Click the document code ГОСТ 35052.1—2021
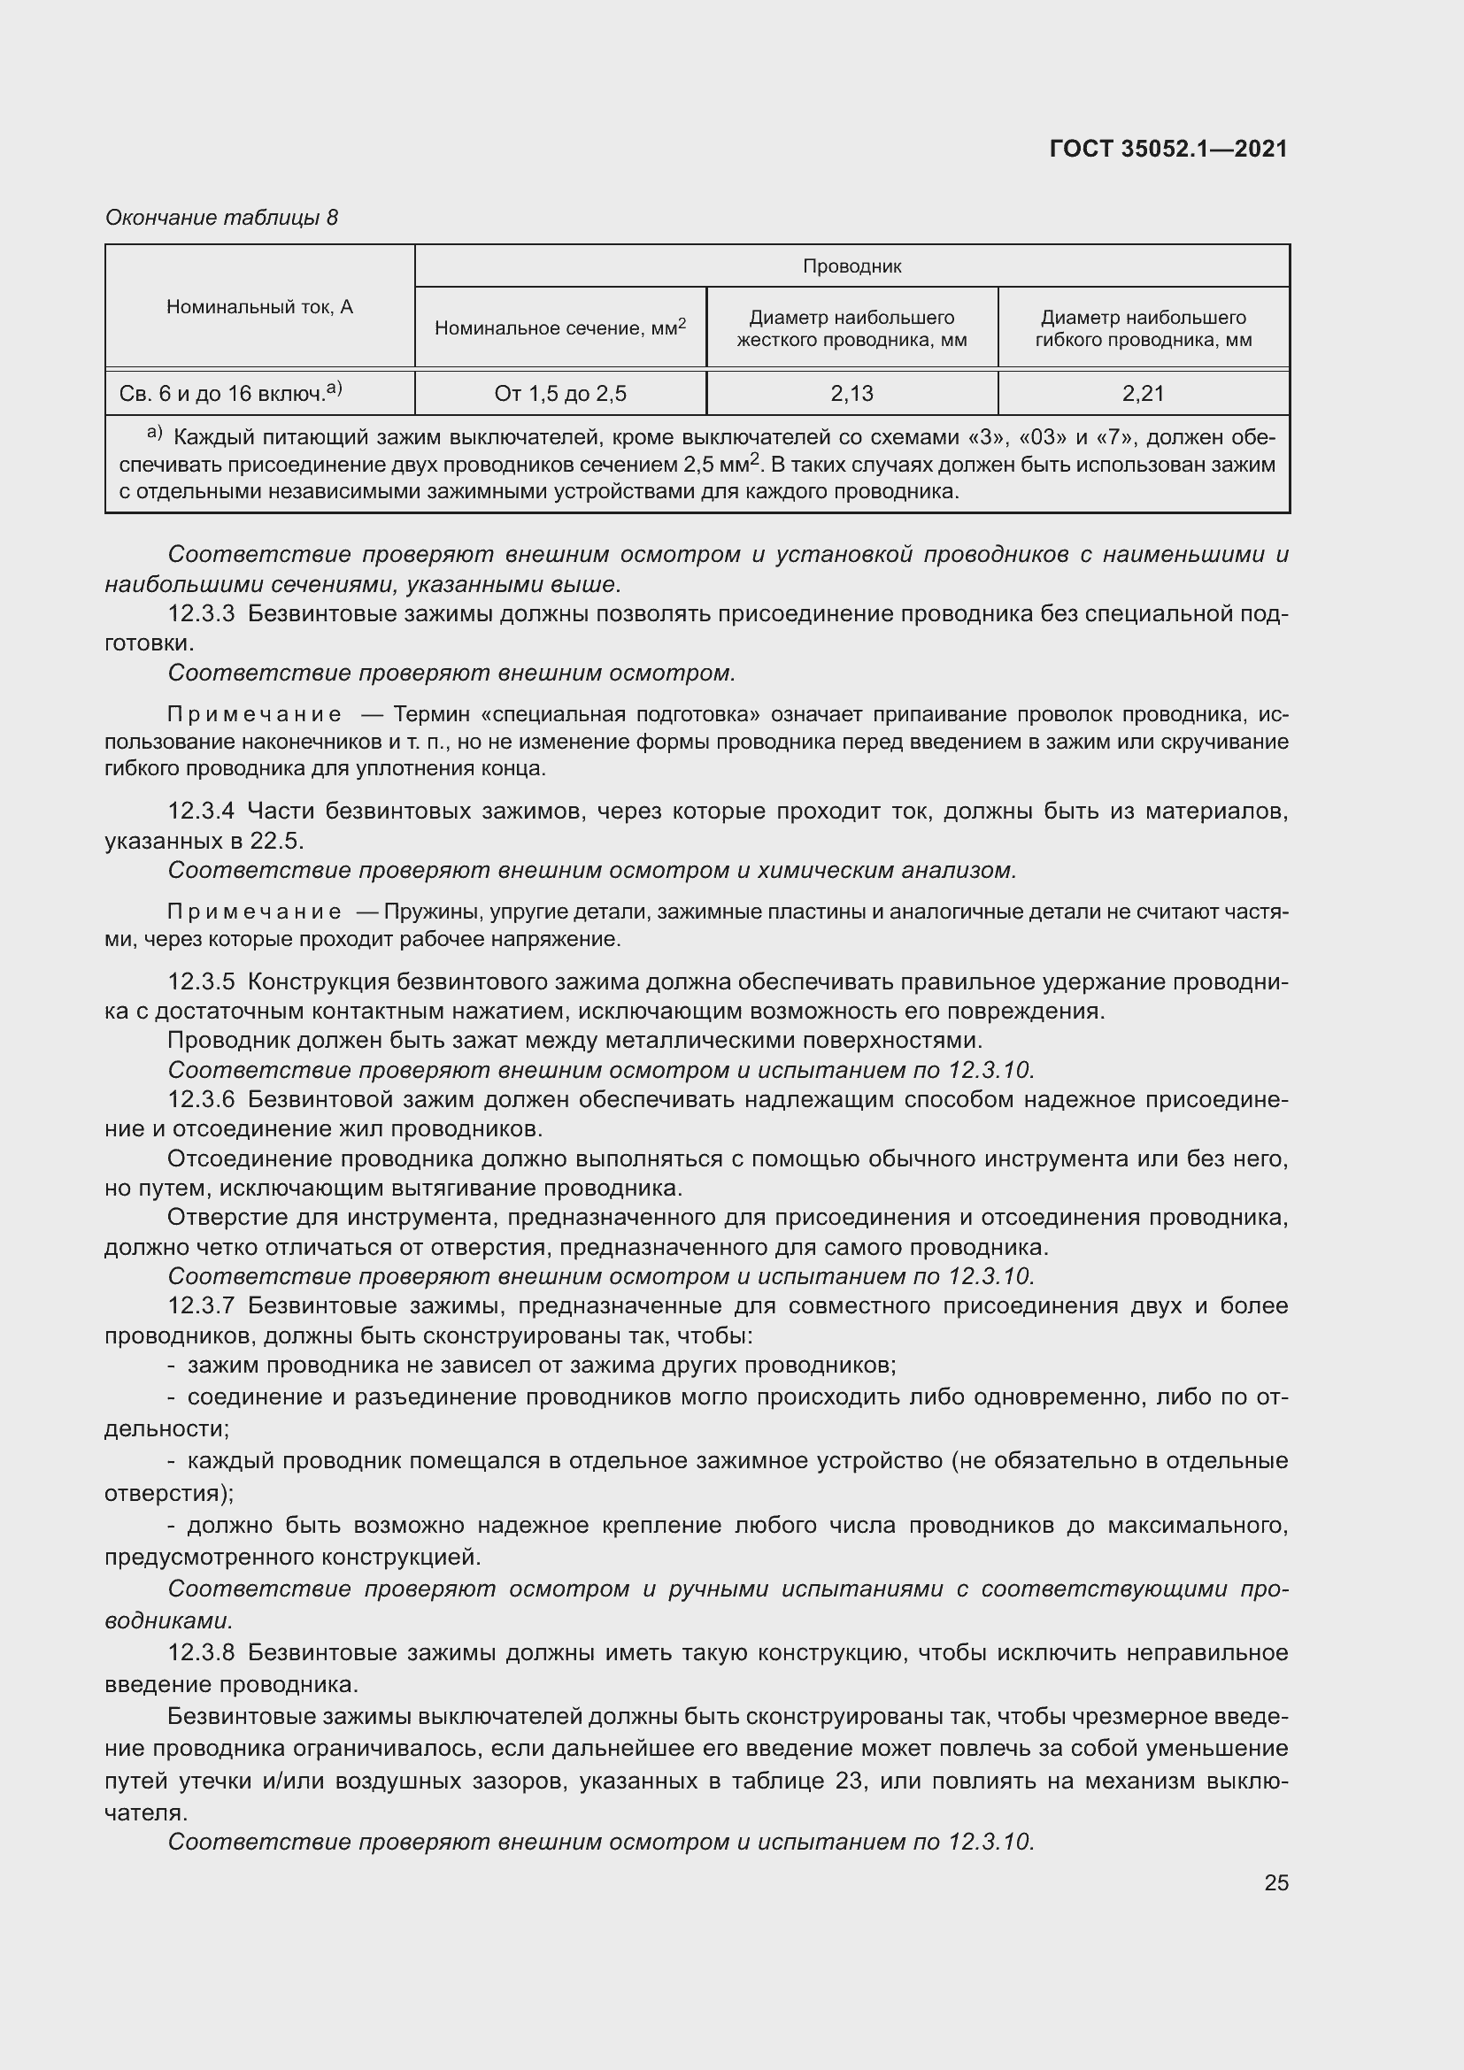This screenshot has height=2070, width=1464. click(x=1168, y=149)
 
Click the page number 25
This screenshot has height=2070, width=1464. click(x=1275, y=1882)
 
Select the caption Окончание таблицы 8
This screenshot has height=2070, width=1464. click(x=222, y=218)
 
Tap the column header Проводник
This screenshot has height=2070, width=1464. click(x=851, y=266)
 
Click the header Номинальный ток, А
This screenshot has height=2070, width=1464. click(x=259, y=306)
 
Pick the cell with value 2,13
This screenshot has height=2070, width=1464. click(x=851, y=393)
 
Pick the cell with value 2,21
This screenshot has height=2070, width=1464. click(x=1143, y=393)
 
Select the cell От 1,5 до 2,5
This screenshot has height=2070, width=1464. click(x=559, y=393)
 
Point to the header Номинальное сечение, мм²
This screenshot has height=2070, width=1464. click(x=559, y=327)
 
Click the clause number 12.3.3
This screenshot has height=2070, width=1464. click(x=201, y=614)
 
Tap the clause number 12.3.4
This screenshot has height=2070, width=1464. click(x=201, y=812)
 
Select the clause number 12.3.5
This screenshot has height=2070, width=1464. click(x=201, y=981)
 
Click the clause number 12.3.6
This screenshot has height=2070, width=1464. click(x=201, y=1099)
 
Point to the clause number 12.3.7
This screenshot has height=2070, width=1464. click(x=201, y=1305)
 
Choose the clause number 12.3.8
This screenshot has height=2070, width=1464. click(x=201, y=1652)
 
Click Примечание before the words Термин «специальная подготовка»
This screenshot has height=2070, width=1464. click(x=255, y=715)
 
